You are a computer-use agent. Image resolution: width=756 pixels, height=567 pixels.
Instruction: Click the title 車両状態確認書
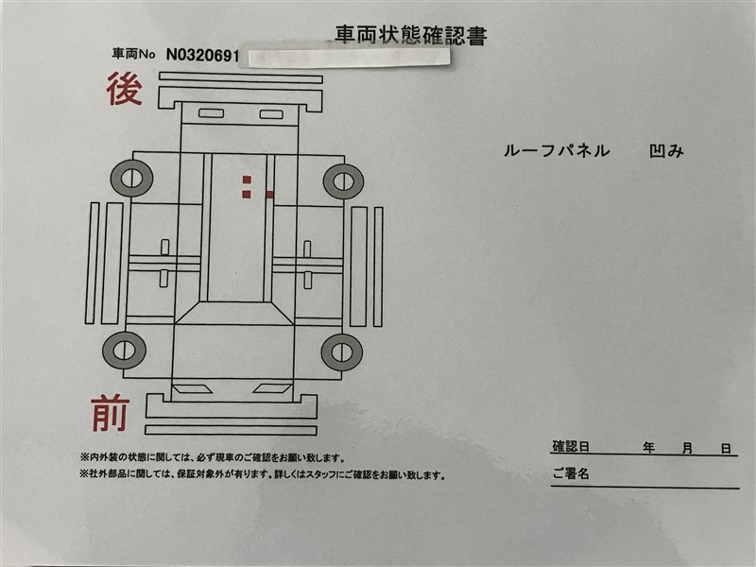coord(411,35)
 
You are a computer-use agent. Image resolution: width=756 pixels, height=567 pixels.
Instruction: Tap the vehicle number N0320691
coord(202,56)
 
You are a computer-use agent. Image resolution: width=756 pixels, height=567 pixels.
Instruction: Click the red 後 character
coord(125,88)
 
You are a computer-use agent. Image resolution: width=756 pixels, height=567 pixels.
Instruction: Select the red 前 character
coord(111,412)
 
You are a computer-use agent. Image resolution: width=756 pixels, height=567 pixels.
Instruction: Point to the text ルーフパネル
coord(557,151)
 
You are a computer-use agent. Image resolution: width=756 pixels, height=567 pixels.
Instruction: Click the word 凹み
coord(667,151)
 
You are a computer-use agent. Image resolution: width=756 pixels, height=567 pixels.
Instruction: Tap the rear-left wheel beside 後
coord(131,178)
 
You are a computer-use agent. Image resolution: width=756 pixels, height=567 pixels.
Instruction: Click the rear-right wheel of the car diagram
coord(343,181)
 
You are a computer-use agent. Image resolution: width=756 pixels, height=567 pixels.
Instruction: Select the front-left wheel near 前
coord(125,350)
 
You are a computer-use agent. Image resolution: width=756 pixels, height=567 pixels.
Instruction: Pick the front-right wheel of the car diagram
coord(342,352)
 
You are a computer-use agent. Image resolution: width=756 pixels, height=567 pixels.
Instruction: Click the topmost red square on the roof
coord(247,180)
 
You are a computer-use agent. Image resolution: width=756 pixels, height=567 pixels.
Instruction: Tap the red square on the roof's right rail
coord(269,195)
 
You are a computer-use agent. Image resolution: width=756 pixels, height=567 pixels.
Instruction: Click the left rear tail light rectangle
coord(211,113)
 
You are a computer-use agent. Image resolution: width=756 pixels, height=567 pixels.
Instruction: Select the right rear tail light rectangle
coord(271,114)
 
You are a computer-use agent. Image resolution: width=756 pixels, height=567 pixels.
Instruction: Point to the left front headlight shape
coord(192,389)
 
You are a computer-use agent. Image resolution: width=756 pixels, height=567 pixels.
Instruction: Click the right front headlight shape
coord(272,388)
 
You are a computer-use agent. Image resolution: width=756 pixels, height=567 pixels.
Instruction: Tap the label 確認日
coord(571,446)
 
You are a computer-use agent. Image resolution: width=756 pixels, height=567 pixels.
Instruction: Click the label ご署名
coord(571,473)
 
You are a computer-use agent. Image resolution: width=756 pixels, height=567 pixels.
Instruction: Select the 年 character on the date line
coord(648,448)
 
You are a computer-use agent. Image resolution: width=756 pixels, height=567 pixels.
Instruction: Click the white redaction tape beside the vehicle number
coord(349,57)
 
